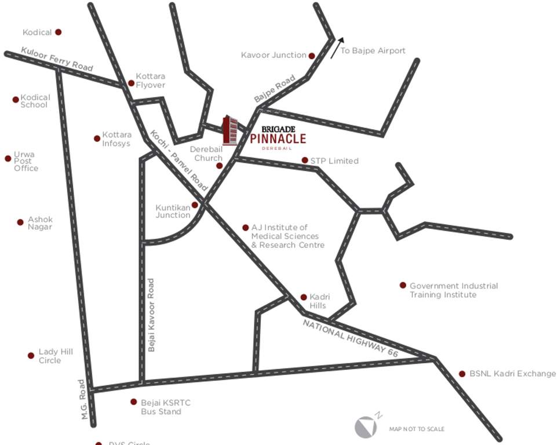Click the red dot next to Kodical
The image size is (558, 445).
click(58, 32)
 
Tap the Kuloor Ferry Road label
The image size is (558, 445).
click(57, 59)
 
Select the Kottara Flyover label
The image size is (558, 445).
click(150, 81)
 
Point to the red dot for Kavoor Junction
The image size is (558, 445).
click(312, 56)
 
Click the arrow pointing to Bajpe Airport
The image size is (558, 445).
click(337, 48)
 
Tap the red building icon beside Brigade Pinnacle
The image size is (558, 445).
click(230, 130)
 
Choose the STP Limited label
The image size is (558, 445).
click(334, 161)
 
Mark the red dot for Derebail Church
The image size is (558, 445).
click(220, 166)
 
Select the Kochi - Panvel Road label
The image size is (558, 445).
click(178, 161)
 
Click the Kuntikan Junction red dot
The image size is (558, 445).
click(195, 205)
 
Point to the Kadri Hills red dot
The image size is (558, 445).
click(304, 297)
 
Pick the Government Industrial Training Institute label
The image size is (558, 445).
click(453, 290)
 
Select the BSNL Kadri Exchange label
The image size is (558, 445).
click(512, 374)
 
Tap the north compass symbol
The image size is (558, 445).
click(365, 426)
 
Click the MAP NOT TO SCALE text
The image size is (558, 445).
click(417, 429)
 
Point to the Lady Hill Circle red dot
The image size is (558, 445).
click(31, 355)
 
